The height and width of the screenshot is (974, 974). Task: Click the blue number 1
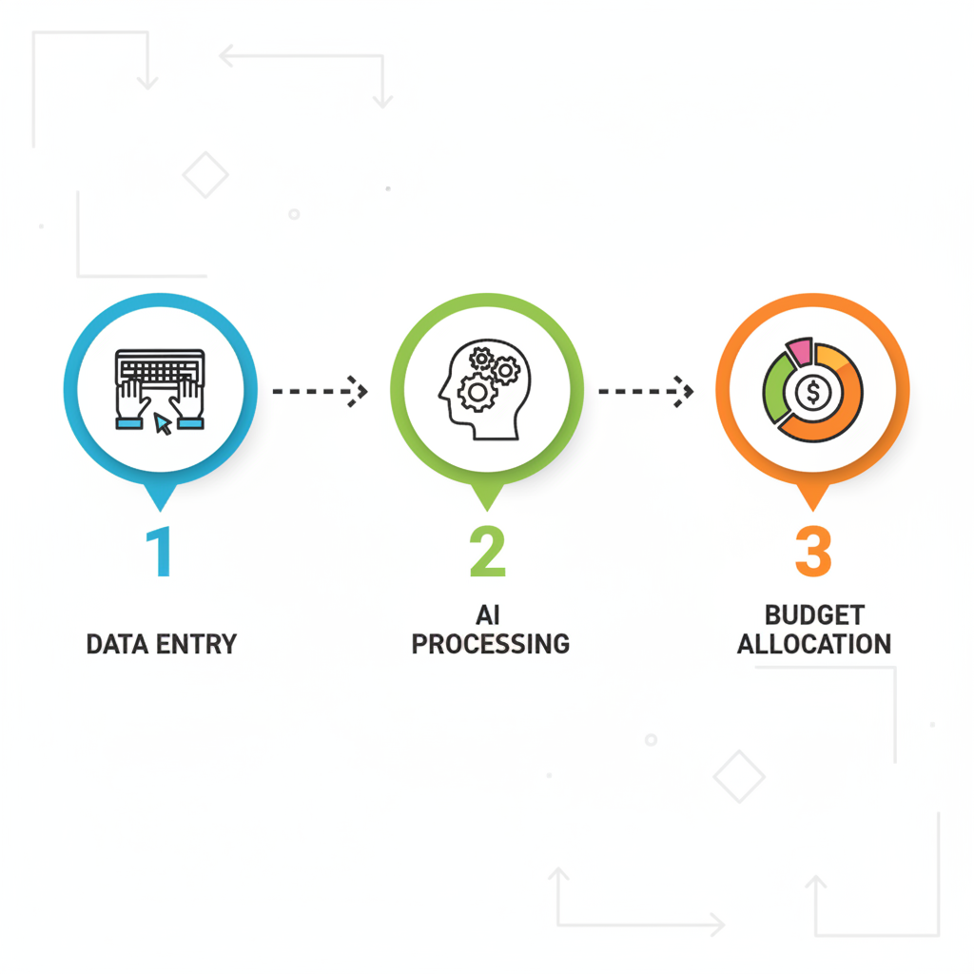click(159, 553)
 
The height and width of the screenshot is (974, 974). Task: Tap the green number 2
click(487, 553)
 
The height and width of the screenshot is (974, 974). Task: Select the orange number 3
click(813, 553)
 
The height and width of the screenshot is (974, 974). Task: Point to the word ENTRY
click(197, 644)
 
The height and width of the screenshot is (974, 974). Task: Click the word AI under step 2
click(488, 615)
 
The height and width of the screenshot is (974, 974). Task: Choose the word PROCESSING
click(490, 644)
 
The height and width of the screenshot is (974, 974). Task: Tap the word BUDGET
click(814, 615)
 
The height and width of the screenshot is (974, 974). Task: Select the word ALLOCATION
click(814, 644)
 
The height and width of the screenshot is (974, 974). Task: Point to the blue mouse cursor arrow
click(164, 423)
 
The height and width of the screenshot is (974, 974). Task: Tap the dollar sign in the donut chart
click(812, 391)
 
